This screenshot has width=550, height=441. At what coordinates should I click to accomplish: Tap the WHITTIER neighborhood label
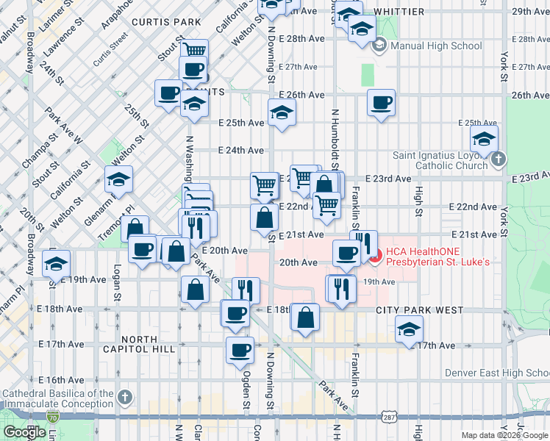click(x=399, y=12)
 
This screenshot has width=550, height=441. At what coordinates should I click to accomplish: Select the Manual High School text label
click(x=436, y=46)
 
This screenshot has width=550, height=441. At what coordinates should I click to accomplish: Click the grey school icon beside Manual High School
click(x=379, y=46)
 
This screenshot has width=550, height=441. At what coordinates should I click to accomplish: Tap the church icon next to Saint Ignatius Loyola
click(x=499, y=159)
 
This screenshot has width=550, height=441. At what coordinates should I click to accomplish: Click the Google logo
click(x=25, y=432)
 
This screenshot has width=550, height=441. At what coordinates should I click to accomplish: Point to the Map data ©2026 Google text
click(x=504, y=435)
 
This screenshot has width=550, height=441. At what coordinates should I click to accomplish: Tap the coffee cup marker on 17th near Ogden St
click(x=239, y=350)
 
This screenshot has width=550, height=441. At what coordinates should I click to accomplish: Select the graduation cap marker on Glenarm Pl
click(x=118, y=179)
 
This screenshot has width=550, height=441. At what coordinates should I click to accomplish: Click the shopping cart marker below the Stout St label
click(x=194, y=51)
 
